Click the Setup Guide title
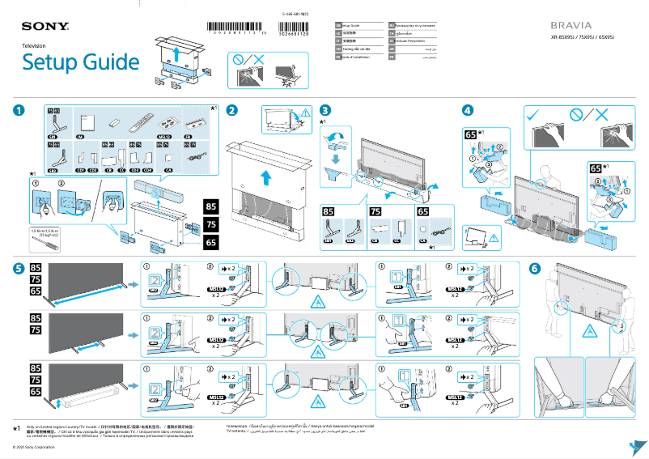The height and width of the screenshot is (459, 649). (80, 62)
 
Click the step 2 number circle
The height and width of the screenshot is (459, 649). (232, 111)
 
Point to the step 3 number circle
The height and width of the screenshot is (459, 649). (325, 111)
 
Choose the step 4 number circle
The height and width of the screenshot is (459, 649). (467, 111)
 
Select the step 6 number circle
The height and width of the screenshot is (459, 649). (534, 268)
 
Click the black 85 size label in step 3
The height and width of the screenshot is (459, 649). (329, 212)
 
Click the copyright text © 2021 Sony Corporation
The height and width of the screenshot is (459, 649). (30, 447)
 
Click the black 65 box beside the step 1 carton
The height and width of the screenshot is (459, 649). (210, 242)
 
